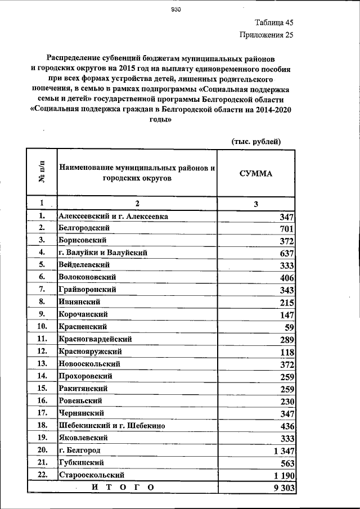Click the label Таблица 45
[x=274, y=23]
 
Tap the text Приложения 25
[x=266, y=35]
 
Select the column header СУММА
[x=255, y=174]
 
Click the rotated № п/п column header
[x=42, y=174]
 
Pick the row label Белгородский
[x=84, y=228]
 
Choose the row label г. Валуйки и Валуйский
[x=102, y=253]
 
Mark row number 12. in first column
[x=42, y=352]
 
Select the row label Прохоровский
[x=85, y=376]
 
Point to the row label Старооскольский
[x=90, y=475]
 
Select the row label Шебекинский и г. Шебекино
[x=111, y=426]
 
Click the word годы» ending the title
[x=160, y=119]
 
